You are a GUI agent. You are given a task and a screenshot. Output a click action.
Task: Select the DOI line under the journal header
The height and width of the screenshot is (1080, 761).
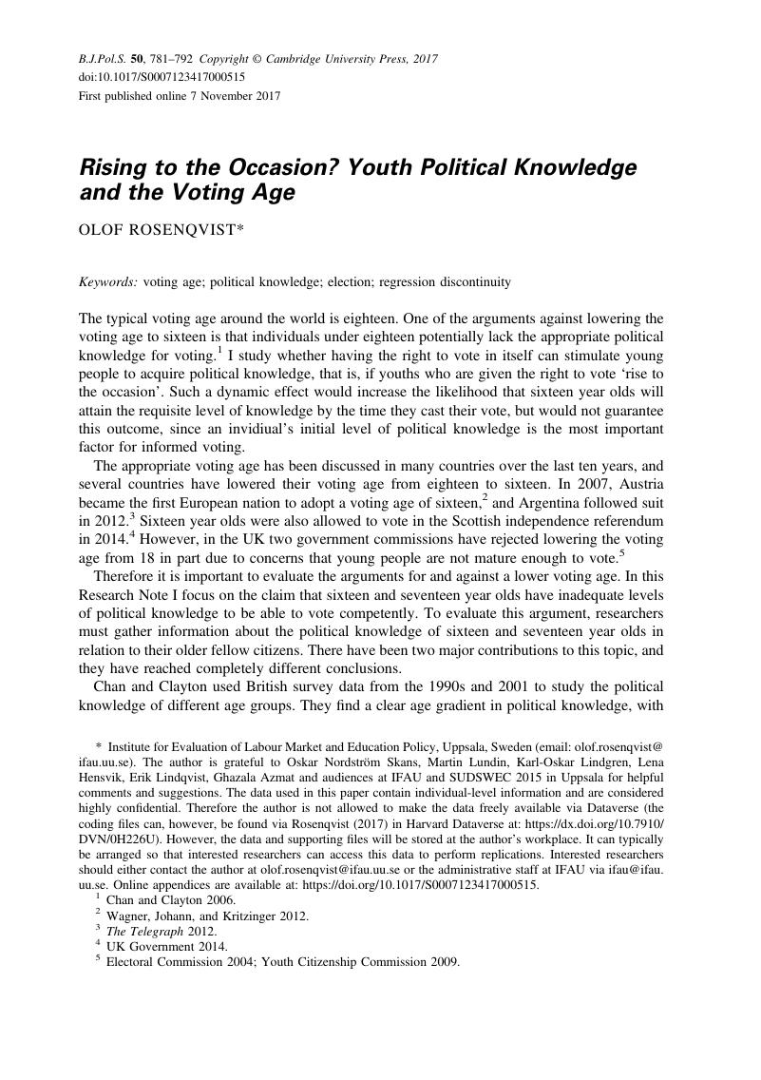coord(162,77)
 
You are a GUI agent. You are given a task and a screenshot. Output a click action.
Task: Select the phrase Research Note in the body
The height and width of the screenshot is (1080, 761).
coord(119,595)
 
